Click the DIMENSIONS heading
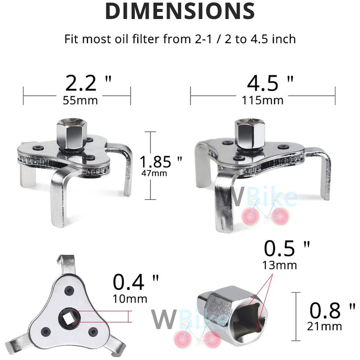click(x=180, y=11)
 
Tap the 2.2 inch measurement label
click(x=88, y=83)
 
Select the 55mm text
click(x=80, y=100)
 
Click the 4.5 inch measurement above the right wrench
click(x=270, y=83)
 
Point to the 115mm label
click(x=263, y=100)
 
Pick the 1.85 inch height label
click(x=161, y=161)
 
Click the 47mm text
click(x=154, y=173)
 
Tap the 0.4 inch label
click(x=136, y=282)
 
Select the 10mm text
click(x=130, y=299)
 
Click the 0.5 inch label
click(x=287, y=249)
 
